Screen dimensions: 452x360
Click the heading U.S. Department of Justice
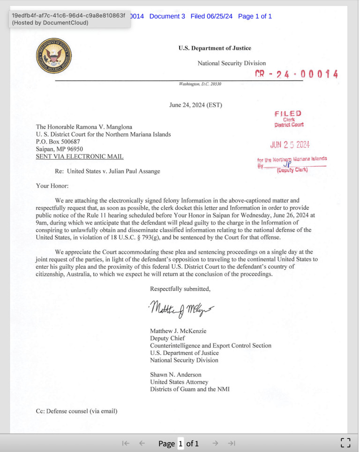[x=214, y=48]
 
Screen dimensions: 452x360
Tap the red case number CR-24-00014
[x=296, y=74]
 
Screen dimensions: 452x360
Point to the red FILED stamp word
[x=288, y=113]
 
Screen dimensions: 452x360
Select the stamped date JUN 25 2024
[x=290, y=145]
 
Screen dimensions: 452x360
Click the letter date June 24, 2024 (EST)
[x=195, y=105]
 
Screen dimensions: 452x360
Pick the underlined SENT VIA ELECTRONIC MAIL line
[x=80, y=156]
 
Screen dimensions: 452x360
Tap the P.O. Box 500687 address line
[x=58, y=142]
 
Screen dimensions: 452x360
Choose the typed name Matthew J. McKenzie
[x=178, y=331]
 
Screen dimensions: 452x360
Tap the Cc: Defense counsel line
[x=76, y=411]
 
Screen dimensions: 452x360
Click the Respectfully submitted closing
[x=180, y=289]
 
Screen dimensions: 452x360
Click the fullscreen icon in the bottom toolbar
[x=345, y=443]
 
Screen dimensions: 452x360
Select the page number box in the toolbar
[x=181, y=443]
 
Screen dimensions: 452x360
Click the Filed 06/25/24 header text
[x=211, y=16]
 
